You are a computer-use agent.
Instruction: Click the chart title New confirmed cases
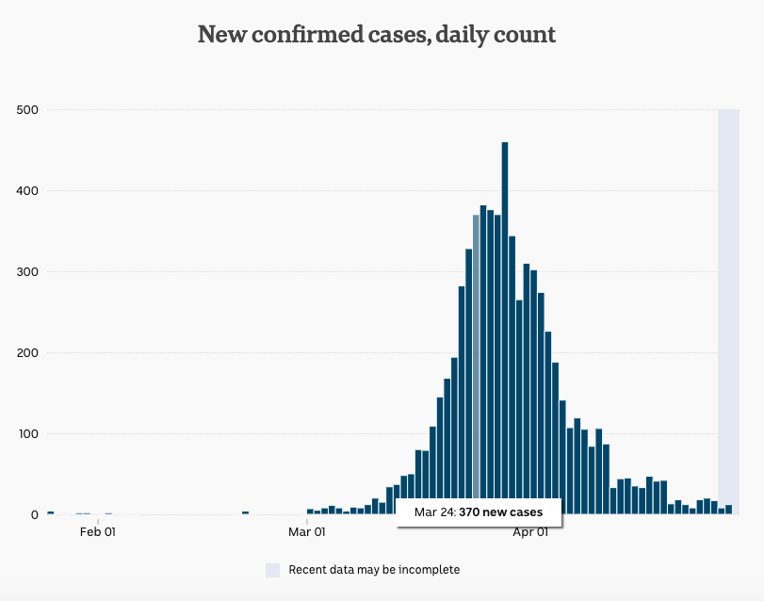click(x=376, y=35)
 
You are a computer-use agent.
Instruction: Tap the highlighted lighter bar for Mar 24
click(x=476, y=358)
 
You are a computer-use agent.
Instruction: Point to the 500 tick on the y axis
click(x=26, y=109)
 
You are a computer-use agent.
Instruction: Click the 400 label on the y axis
click(x=26, y=190)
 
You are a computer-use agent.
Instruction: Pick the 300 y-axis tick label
click(x=26, y=271)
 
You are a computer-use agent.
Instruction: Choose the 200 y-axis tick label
click(x=26, y=352)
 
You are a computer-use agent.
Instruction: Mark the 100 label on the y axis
click(x=26, y=433)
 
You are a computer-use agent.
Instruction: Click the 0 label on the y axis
click(x=33, y=514)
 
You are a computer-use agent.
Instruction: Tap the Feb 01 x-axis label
click(x=98, y=532)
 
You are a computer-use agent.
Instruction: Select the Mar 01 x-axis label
click(x=307, y=532)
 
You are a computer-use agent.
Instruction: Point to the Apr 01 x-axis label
click(x=530, y=532)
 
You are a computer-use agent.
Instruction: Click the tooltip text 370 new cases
click(x=500, y=512)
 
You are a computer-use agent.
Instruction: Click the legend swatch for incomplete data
click(x=273, y=570)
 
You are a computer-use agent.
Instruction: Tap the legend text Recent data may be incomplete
click(x=374, y=570)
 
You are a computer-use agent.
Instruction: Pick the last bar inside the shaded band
click(x=728, y=510)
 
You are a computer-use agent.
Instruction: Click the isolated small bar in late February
click(x=245, y=512)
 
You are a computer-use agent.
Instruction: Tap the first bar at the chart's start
click(x=50, y=512)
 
